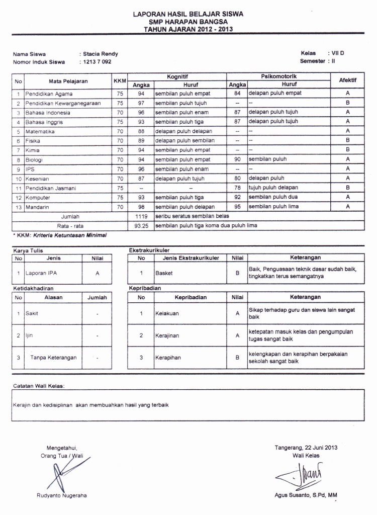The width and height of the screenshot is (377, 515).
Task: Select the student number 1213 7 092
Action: [98, 62]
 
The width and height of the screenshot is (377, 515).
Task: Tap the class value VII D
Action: [338, 53]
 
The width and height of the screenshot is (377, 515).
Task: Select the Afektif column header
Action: [347, 80]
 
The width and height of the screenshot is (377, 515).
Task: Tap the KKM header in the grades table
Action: [120, 80]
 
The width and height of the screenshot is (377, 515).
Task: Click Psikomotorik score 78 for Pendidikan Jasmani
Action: [237, 188]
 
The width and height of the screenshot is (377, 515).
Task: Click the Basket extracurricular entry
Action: [164, 273]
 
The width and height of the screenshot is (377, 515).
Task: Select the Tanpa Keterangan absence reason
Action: [53, 358]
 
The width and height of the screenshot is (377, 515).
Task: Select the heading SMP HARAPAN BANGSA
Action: [188, 22]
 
